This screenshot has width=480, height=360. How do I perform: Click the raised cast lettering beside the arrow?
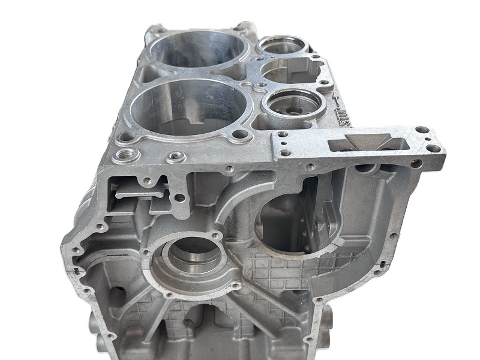pyautogui.click(x=342, y=114)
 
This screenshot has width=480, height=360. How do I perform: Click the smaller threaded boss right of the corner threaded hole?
pyautogui.click(x=175, y=158)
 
